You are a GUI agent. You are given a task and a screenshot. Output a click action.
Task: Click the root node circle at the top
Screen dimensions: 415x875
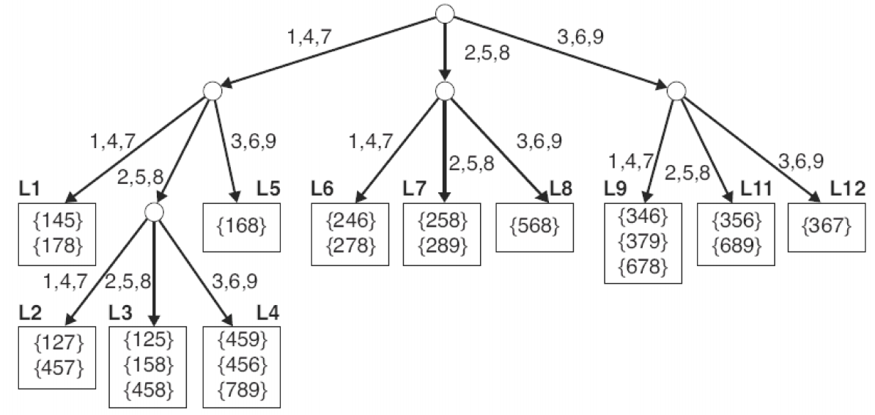445,12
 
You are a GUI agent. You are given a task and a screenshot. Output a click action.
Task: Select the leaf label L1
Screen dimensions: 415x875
30,190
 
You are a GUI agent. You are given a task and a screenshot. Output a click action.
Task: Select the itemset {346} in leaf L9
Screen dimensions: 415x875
643,216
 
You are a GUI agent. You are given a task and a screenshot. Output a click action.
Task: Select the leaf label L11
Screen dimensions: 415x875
755,190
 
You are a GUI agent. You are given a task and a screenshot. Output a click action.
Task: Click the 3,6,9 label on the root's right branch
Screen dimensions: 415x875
580,37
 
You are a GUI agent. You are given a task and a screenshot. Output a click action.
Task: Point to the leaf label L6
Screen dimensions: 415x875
322,190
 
